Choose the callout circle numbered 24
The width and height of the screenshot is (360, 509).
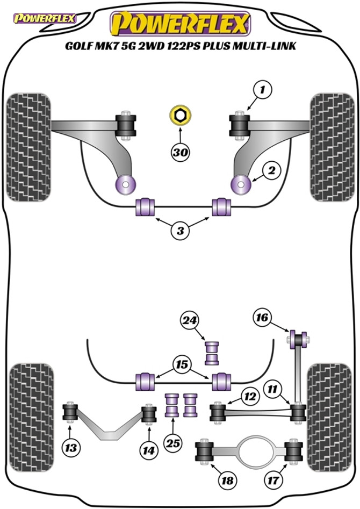tap(189, 321)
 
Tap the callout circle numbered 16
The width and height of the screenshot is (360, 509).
tap(262, 318)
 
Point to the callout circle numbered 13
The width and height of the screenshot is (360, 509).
tap(71, 446)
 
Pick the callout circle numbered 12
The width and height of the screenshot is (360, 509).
tap(248, 398)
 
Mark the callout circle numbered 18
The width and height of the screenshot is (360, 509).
tap(228, 480)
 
